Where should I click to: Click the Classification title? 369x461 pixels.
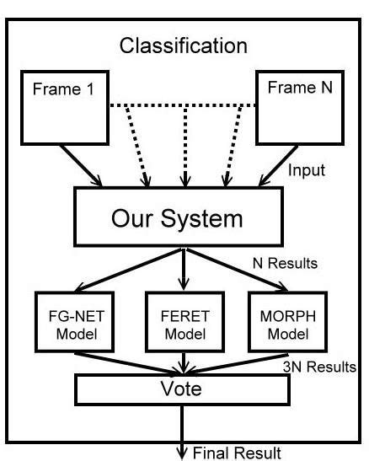tap(183, 45)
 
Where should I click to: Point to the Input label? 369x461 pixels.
tap(307, 171)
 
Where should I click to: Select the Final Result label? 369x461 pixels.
tap(235, 452)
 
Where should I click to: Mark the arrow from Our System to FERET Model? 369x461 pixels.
tap(181, 270)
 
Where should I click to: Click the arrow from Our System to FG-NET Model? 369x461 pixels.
tap(126, 270)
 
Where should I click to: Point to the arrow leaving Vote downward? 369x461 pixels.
tap(181, 430)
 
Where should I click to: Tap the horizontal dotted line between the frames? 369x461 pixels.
tap(183, 106)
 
